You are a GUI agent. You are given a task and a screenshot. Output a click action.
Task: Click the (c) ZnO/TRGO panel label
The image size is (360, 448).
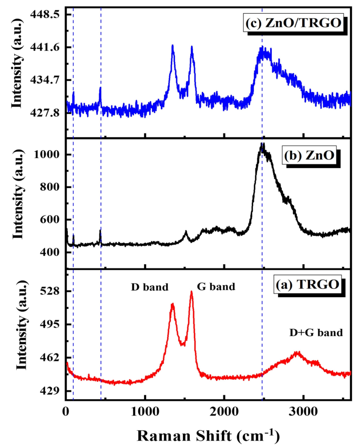tap(289, 24)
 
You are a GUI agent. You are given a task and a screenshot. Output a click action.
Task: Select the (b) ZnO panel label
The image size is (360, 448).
tap(310, 157)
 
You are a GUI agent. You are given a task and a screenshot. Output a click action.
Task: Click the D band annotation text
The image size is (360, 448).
tap(150, 287)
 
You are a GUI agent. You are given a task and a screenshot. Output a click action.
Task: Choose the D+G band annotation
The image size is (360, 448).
tap(316, 332)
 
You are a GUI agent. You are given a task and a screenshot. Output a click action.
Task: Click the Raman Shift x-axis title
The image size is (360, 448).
tap(209, 435)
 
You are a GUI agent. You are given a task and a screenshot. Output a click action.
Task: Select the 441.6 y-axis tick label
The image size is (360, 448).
tap(45, 47)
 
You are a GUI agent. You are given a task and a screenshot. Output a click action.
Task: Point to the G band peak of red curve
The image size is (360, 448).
tap(192, 291)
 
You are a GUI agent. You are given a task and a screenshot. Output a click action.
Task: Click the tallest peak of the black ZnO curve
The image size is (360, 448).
tap(262, 144)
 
